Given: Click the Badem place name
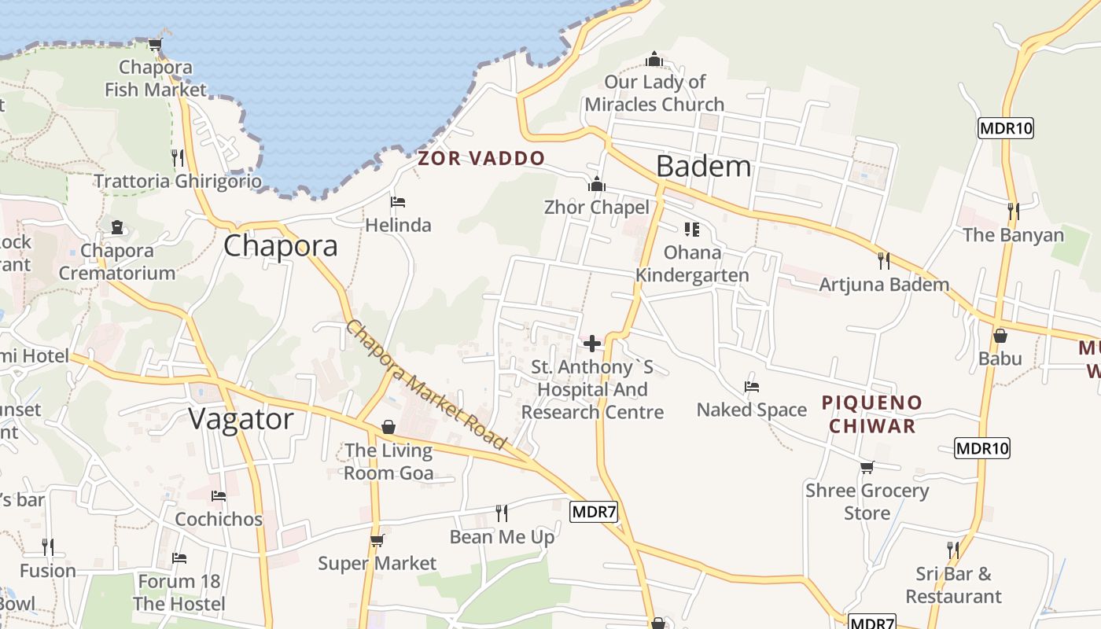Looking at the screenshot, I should coord(703,167).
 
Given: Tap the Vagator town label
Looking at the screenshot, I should coord(241,419).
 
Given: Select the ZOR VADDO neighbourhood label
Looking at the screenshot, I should coord(481,158).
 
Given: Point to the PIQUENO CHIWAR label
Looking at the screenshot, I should coord(871,414).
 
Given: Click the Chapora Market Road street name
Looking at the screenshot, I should coord(425,385).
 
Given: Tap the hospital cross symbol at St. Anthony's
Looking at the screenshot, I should coord(592,344).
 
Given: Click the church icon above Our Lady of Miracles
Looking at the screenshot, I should coord(654,59).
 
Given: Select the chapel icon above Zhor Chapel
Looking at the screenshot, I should coord(597,184).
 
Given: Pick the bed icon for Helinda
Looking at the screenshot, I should coord(398,202).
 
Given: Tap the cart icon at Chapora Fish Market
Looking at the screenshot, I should coord(155,44).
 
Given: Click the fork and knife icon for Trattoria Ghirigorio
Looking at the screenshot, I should coord(177,157).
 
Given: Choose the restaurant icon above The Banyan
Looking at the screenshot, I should coord(1013,211).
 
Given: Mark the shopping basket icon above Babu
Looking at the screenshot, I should coord(1000,336).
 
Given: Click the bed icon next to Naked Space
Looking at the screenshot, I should coord(752,387).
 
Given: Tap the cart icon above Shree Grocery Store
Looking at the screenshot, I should coord(867,468).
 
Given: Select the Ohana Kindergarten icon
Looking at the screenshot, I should coord(692,230).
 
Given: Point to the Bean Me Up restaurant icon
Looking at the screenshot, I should coord(502,513).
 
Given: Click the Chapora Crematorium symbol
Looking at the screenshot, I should coord(117,228).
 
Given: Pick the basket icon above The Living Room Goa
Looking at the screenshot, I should coord(388,427).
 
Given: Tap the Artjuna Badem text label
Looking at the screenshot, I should coord(884,285).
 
